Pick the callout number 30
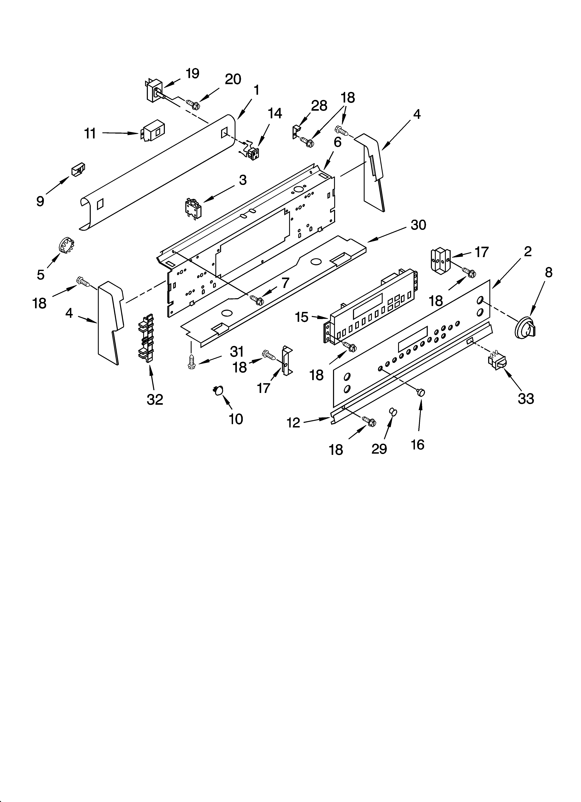point(418,225)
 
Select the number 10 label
point(236,419)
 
